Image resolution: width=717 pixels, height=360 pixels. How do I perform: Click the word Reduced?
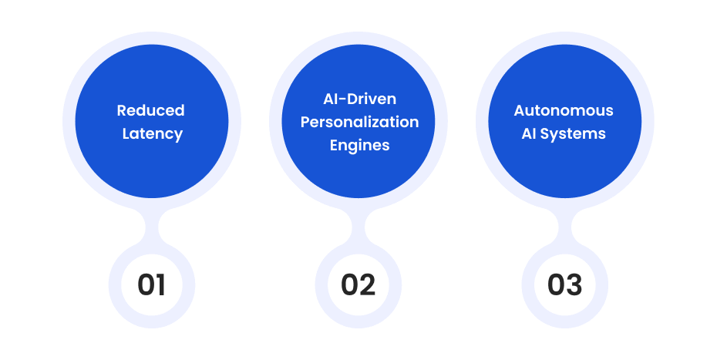pyautogui.click(x=151, y=110)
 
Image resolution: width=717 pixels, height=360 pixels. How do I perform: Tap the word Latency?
pyautogui.click(x=153, y=133)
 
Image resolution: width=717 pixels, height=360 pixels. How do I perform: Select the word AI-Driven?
pyautogui.click(x=359, y=99)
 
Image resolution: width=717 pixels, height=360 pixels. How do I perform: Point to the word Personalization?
pyautogui.click(x=359, y=122)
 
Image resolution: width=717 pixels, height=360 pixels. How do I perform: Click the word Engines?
pyautogui.click(x=359, y=146)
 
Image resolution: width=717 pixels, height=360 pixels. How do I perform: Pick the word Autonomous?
pyautogui.click(x=564, y=110)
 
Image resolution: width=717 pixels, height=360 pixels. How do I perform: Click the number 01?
pyautogui.click(x=151, y=284)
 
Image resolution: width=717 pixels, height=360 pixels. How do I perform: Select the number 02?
pyautogui.click(x=358, y=284)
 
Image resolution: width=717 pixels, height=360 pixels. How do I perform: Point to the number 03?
pyautogui.click(x=564, y=284)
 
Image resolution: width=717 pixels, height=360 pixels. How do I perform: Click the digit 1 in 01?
pyautogui.click(x=160, y=284)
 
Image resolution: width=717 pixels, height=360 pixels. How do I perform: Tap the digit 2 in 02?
pyautogui.click(x=367, y=284)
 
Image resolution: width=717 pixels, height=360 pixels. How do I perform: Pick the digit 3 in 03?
pyautogui.click(x=574, y=284)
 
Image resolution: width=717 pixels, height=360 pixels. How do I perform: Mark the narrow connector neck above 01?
pyautogui.click(x=152, y=227)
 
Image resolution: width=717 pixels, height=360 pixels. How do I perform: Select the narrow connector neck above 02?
pyautogui.click(x=358, y=227)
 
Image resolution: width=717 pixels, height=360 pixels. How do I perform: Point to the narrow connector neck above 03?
pyautogui.click(x=565, y=227)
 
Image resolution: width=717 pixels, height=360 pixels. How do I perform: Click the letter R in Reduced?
pyautogui.click(x=122, y=111)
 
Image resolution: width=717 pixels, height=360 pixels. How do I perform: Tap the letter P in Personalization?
pyautogui.click(x=305, y=122)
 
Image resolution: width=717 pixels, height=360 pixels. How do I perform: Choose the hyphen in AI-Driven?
pyautogui.click(x=342, y=100)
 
